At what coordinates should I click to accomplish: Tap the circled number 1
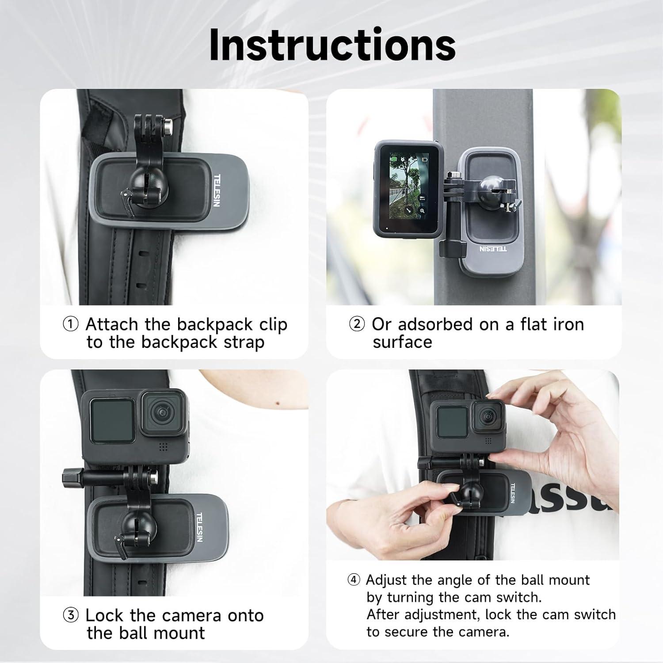click(x=71, y=324)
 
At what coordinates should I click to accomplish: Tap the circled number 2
click(x=357, y=324)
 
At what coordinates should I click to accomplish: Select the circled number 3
click(x=71, y=615)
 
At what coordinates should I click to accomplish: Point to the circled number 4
click(x=354, y=580)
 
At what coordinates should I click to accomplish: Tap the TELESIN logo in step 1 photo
click(x=217, y=190)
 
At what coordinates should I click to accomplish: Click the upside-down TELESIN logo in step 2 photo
click(x=493, y=249)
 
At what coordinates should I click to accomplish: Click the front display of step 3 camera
click(x=112, y=420)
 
